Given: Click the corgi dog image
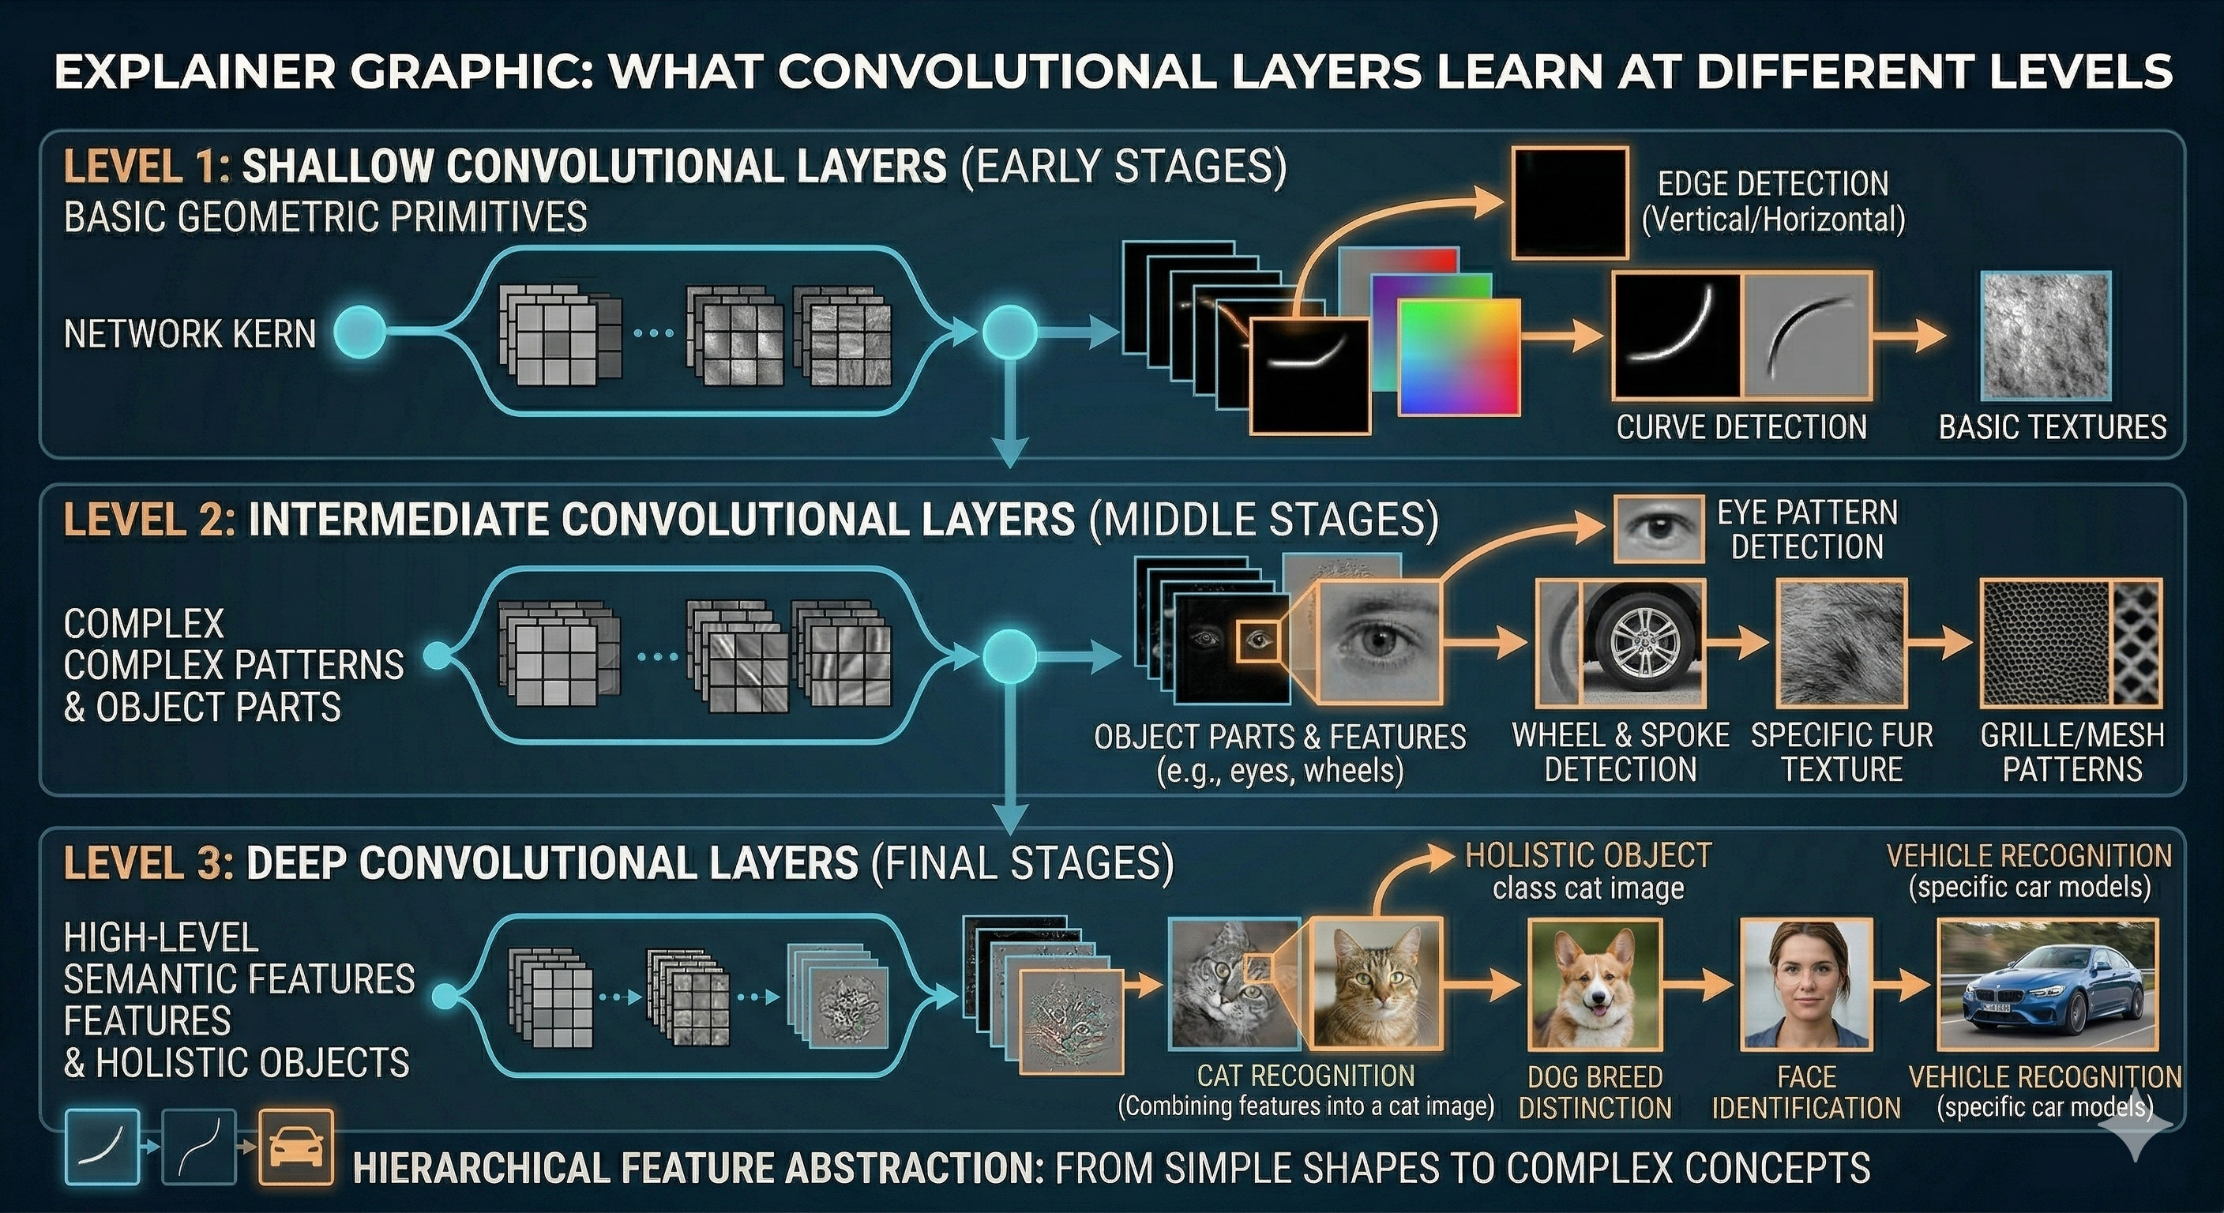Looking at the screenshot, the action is (1595, 983).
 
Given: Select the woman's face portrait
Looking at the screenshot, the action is (1805, 984).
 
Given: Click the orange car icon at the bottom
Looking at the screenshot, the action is (296, 1147).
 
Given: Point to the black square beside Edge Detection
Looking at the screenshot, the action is (1569, 203).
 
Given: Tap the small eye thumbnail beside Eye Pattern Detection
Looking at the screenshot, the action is (1659, 529).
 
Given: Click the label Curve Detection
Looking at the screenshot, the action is (1741, 427).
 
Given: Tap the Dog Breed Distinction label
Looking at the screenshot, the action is (1595, 1092).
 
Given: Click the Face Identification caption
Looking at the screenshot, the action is (1806, 1092).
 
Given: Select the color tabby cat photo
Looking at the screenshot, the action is (1374, 983).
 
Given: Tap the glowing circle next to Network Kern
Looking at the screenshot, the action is (359, 332).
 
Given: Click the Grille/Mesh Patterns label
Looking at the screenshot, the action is (2072, 752).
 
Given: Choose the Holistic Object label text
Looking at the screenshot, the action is (1588, 855).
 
